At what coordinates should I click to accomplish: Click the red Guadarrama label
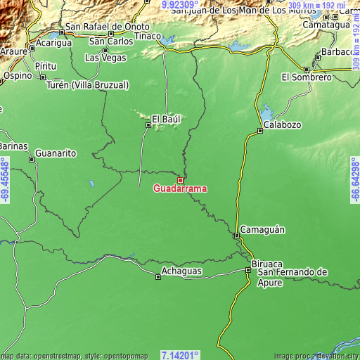(x=180, y=188)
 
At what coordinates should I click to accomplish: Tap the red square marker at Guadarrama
(x=180, y=180)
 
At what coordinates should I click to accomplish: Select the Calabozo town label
(x=283, y=124)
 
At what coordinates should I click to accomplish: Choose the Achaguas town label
(x=181, y=271)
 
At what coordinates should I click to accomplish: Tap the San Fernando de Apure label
(x=292, y=277)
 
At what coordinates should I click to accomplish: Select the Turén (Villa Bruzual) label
(x=87, y=85)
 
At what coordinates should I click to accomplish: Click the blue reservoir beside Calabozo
(x=266, y=112)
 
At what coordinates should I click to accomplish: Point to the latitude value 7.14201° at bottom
(x=180, y=354)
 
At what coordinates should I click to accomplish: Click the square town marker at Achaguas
(x=158, y=276)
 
